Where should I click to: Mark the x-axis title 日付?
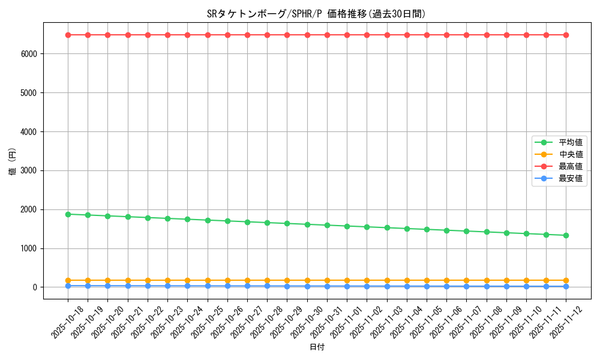pos(317,347)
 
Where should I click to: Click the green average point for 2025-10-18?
pos(68,214)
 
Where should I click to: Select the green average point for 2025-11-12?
pos(566,235)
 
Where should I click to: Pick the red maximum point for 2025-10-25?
pos(208,35)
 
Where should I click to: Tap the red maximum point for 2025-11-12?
pos(566,35)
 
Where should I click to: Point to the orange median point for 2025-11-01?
pos(347,280)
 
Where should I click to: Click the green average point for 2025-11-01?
pos(347,226)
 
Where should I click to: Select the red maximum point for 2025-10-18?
pos(68,35)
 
